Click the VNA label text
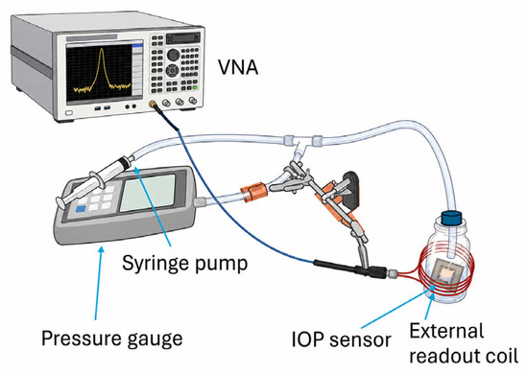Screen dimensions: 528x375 238,67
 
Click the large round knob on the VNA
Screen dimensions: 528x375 173,54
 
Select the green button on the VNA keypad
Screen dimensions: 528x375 195,88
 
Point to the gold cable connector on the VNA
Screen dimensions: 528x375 154,105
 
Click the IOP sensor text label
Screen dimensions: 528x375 341,340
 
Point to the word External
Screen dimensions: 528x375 446,330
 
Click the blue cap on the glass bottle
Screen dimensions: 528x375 451,218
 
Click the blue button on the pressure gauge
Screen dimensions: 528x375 81,209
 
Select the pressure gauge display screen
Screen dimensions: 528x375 148,192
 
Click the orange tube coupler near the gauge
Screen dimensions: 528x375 253,193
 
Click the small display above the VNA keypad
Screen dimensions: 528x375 182,37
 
